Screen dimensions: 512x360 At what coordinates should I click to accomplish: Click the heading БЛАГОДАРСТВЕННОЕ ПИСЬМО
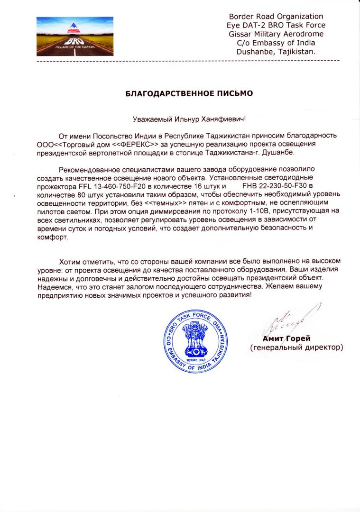pyautogui.click(x=189, y=94)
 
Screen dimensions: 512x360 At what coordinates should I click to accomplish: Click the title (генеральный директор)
pyautogui.click(x=296, y=347)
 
